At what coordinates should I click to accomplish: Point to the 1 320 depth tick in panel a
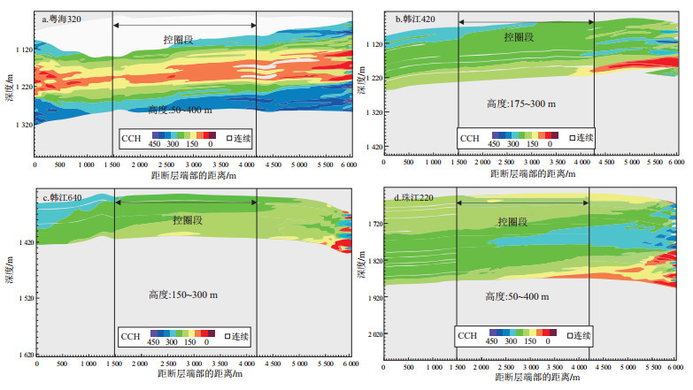(20, 125)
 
